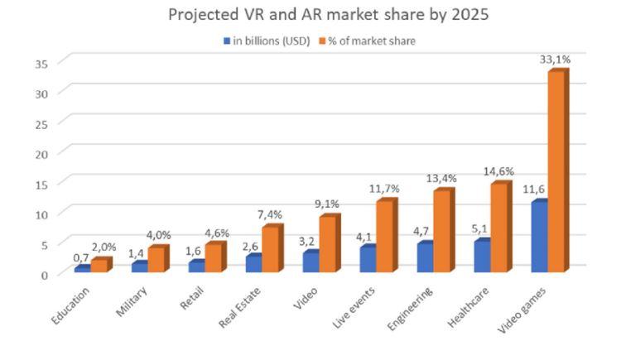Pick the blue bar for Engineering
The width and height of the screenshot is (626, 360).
(424, 257)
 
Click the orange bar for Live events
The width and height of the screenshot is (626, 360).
(384, 237)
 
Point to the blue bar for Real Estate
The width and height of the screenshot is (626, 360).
(253, 263)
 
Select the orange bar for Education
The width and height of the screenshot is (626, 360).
(99, 266)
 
